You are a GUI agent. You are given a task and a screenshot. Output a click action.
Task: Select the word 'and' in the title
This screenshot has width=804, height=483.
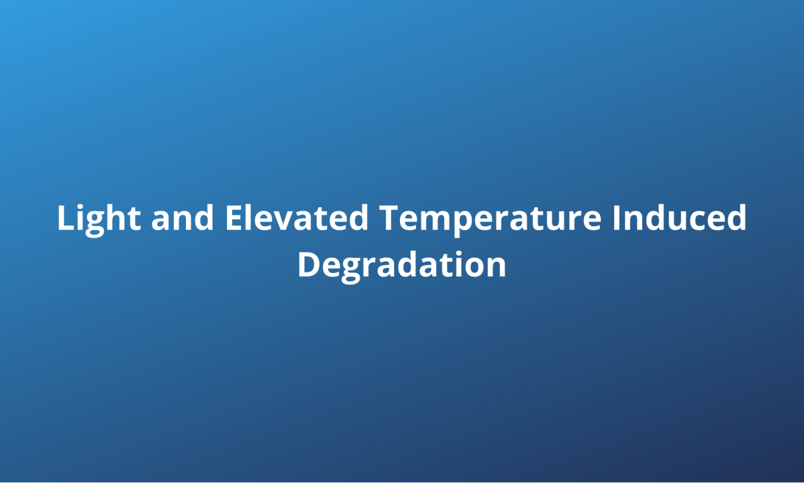tap(183, 217)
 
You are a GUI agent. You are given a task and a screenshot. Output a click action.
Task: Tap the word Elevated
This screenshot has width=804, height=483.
tap(297, 217)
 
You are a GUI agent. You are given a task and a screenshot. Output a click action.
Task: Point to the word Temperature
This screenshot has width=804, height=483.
tap(490, 220)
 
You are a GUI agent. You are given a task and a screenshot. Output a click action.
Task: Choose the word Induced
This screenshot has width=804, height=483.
tap(679, 217)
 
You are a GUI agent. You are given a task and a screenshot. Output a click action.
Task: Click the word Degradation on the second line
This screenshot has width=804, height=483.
tap(402, 266)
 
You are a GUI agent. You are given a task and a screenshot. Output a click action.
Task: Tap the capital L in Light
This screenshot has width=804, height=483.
tap(66, 218)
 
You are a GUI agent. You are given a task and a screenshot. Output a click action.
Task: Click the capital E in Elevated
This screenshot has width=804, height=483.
tap(234, 218)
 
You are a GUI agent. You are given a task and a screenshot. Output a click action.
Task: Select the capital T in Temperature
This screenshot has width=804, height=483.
tap(390, 218)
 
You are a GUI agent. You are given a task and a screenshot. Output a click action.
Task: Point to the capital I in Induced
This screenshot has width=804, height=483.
tap(617, 218)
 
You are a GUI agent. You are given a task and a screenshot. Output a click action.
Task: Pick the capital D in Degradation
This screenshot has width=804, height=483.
tap(309, 265)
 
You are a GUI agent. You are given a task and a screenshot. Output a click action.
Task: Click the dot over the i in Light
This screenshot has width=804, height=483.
tap(83, 205)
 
